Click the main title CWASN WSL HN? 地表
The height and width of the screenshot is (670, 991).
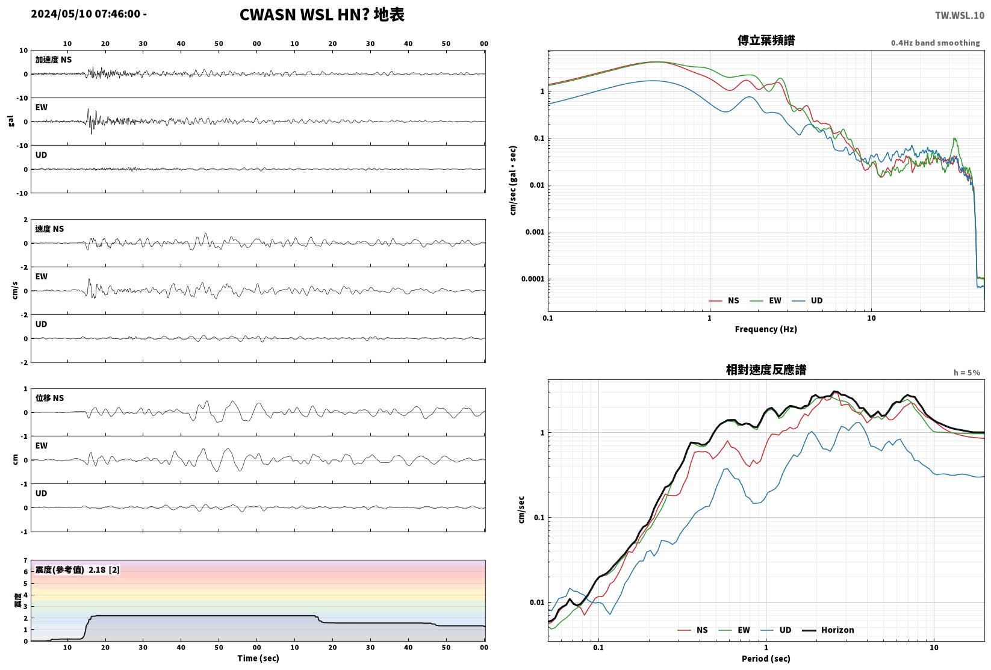322,14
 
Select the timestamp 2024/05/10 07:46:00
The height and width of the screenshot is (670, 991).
85,14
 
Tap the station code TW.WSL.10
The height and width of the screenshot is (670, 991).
960,16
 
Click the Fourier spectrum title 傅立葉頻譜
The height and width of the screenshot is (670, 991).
766,40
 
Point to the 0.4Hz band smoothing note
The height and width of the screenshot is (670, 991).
935,43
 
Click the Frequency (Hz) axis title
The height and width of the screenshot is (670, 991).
766,329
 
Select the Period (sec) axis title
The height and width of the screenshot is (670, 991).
766,659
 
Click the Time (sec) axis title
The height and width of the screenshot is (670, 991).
258,658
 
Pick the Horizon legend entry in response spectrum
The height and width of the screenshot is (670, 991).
828,630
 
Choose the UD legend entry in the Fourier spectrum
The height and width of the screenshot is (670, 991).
807,300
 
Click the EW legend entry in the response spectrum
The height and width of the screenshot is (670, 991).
735,630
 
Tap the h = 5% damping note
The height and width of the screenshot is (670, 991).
967,373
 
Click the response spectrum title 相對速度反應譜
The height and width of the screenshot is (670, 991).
766,370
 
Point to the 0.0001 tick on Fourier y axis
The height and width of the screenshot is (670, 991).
533,279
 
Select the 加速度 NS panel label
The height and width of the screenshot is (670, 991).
53,60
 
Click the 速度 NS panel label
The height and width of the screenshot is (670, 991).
49,229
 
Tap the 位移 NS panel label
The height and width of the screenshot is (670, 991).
49,398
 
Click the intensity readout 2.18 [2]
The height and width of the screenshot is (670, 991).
104,569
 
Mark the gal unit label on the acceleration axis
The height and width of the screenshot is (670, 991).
11,121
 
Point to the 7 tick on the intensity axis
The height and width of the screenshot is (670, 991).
26,560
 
